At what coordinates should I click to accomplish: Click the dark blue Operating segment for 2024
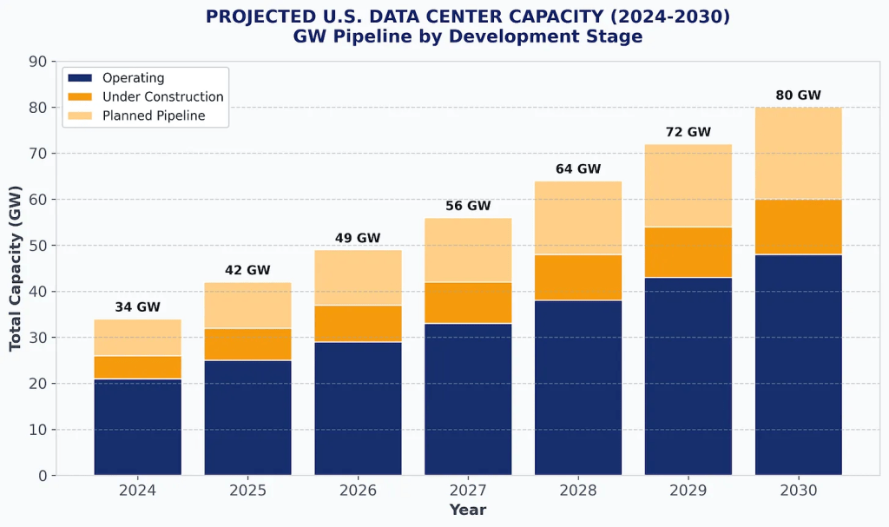tap(137, 427)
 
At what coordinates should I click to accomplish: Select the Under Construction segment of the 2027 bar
tap(468, 303)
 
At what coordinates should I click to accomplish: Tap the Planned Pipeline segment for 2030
tap(798, 154)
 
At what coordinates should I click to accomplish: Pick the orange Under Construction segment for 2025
tap(247, 344)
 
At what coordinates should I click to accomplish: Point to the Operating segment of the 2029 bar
tap(688, 376)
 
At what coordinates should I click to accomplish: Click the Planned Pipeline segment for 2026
tap(358, 278)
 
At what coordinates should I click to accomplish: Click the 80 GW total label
tap(798, 96)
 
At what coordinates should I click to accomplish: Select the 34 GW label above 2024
tap(137, 307)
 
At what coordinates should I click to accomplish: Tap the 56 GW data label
tap(468, 206)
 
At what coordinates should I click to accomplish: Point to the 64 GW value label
tap(578, 169)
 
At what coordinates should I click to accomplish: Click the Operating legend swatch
tap(80, 78)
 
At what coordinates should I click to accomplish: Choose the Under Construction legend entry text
tap(162, 97)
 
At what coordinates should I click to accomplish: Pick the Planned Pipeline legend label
tap(154, 115)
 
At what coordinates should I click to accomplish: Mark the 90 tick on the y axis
tap(38, 62)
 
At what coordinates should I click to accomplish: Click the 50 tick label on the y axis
tap(38, 246)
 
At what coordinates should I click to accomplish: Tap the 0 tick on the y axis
tap(43, 476)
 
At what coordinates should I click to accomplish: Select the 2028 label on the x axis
tap(578, 491)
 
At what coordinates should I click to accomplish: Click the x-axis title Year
tap(468, 510)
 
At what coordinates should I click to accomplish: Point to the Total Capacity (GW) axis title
tap(16, 268)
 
